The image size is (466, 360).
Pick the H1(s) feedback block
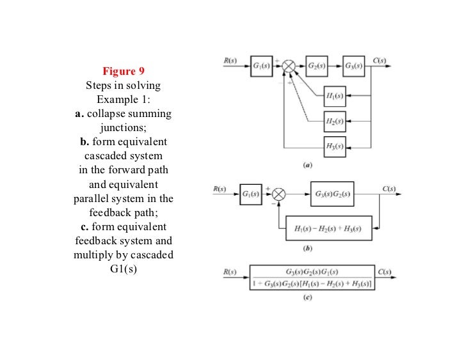click(x=335, y=97)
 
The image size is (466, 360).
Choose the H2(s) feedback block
click(x=335, y=121)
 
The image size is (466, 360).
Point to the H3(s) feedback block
click(x=335, y=146)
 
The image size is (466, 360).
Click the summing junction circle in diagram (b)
click(x=278, y=194)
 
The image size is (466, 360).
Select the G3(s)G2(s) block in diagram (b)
click(x=332, y=194)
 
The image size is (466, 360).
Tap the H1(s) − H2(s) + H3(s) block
click(x=328, y=228)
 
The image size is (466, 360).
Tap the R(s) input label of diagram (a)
click(x=230, y=61)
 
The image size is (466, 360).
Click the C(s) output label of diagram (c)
click(x=385, y=272)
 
